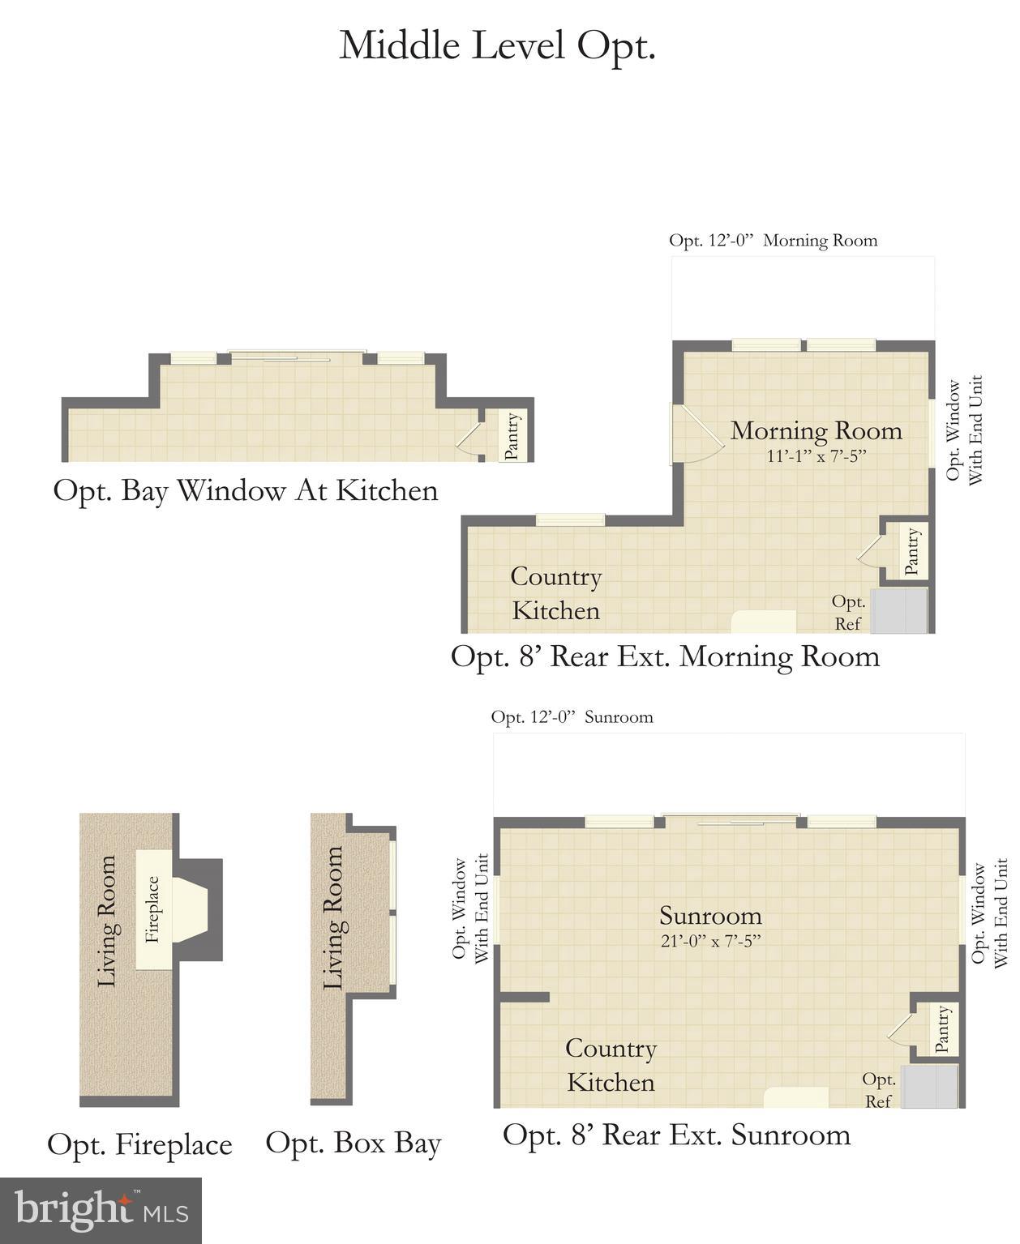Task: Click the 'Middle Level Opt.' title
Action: [x=497, y=46]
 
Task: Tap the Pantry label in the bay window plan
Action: [x=512, y=436]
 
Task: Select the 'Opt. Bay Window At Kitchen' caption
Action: [x=246, y=491]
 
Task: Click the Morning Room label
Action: [x=816, y=430]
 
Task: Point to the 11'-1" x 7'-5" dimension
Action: [x=816, y=456]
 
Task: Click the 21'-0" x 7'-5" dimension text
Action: [x=710, y=941]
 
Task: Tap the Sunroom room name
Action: [x=710, y=916]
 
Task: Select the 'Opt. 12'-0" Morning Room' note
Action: [x=773, y=241]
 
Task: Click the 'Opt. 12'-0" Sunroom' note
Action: [x=572, y=717]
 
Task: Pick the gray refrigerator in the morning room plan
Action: [x=898, y=611]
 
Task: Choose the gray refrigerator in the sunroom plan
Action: [x=930, y=1087]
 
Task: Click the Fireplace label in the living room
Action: [x=152, y=909]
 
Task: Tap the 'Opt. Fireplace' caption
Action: [x=139, y=1145]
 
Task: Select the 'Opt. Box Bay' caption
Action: [x=354, y=1144]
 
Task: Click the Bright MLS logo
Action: [x=101, y=1211]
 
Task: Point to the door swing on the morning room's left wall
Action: [x=696, y=434]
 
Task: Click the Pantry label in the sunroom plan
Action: [x=942, y=1029]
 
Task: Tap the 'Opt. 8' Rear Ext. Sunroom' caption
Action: [x=676, y=1135]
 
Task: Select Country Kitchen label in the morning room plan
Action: [x=556, y=593]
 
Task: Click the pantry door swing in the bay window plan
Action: [x=469, y=437]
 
